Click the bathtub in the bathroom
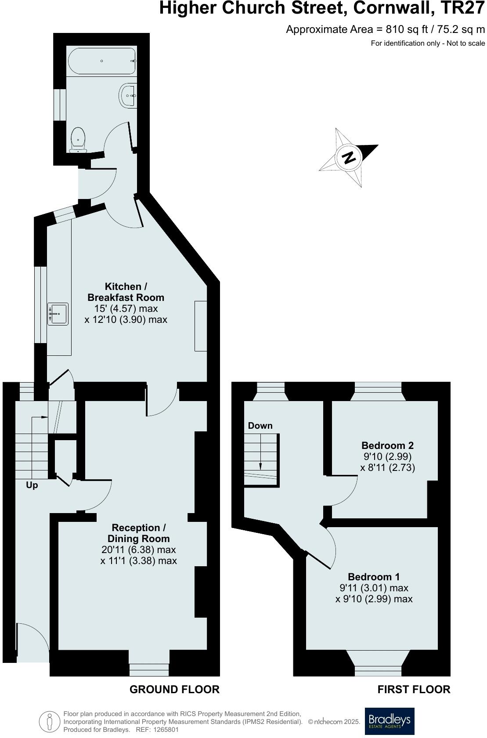click(101, 61)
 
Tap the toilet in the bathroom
click(78, 139)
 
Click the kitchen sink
click(58, 314)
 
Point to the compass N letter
click(349, 157)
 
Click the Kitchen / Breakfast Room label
click(126, 292)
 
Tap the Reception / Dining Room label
click(138, 533)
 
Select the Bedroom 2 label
click(387, 445)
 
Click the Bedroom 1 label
click(374, 576)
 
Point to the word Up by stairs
click(32, 485)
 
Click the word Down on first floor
click(260, 426)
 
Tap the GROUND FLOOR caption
click(174, 689)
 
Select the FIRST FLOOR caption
click(414, 689)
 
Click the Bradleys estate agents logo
click(390, 721)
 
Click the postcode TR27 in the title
click(464, 8)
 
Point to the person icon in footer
click(49, 721)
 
